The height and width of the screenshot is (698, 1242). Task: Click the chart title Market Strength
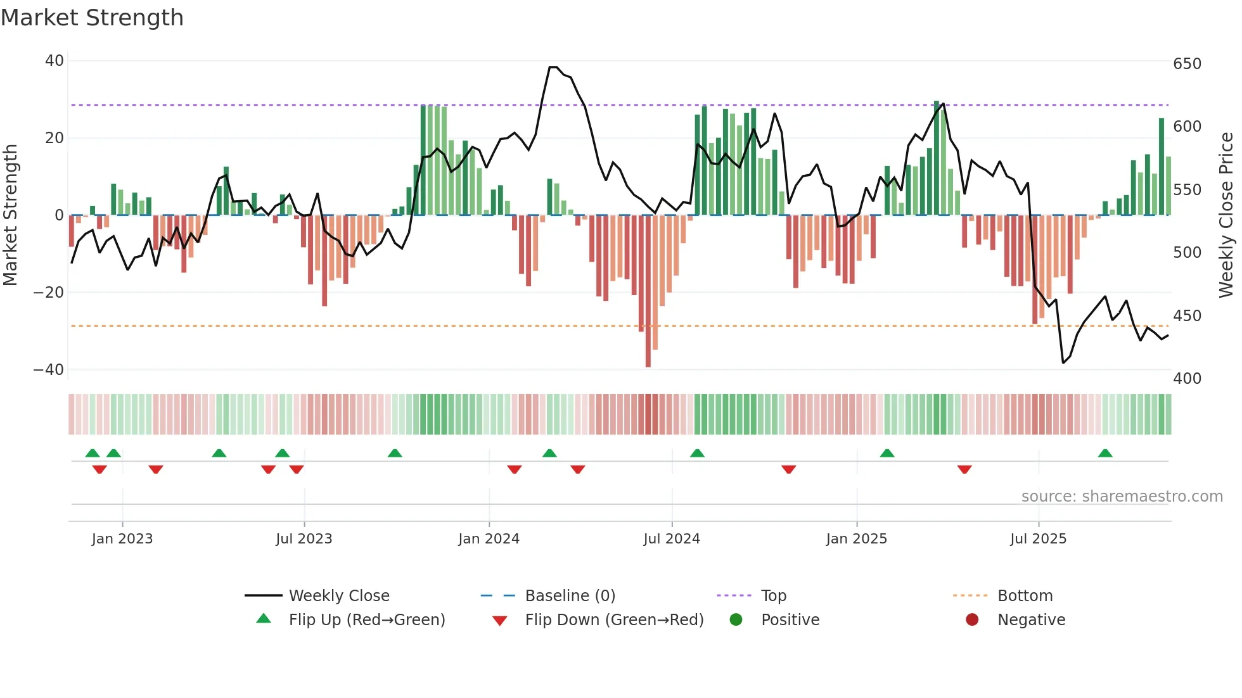coord(92,18)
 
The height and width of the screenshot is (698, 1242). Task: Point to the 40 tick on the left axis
coord(54,61)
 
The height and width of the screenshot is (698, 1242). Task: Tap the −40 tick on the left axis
coord(49,369)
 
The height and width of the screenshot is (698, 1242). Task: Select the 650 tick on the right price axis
coord(1187,64)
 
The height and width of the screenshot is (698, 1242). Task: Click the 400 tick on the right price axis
coord(1187,379)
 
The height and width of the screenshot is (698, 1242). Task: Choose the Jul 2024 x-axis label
coord(672,539)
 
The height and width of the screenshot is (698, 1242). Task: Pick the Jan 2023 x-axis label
coord(122,539)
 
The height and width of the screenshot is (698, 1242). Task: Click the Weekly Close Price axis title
coord(1227,215)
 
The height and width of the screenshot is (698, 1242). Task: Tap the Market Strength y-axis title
coord(10,215)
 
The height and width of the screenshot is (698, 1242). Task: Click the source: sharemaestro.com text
coord(1122,497)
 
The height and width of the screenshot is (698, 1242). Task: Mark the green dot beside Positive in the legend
coord(736,619)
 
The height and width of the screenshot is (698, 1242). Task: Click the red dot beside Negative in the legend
coord(972,619)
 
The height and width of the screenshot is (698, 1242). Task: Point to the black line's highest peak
coord(553,67)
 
